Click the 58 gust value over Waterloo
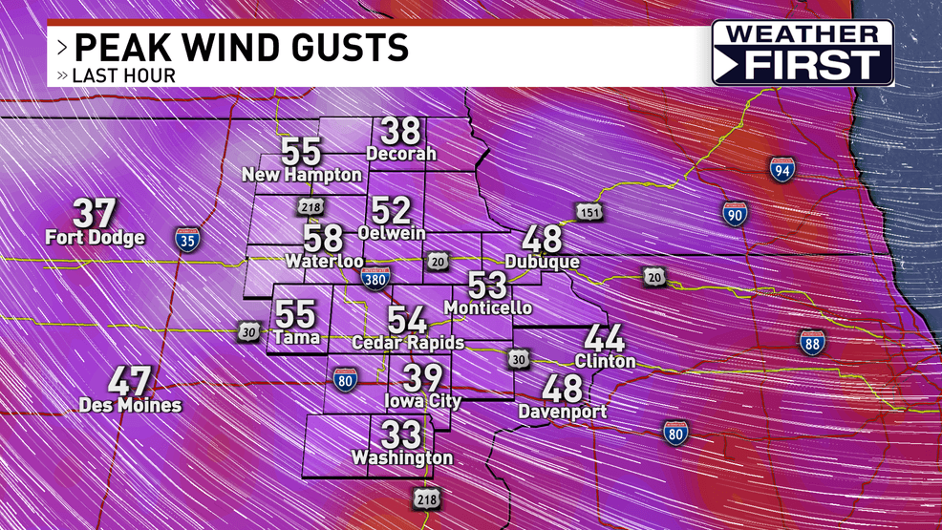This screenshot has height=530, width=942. click(x=324, y=239)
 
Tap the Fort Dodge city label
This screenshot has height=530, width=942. click(x=95, y=238)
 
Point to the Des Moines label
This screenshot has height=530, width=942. click(x=130, y=405)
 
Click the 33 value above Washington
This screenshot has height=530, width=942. click(x=401, y=435)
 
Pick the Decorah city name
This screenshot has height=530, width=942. click(x=401, y=154)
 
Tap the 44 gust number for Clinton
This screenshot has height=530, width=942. click(x=605, y=339)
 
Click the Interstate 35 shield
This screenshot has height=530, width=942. click(x=187, y=239)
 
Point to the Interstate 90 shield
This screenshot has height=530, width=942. click(x=735, y=213)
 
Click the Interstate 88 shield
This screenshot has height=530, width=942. click(x=812, y=343)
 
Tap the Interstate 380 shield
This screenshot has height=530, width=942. click(x=375, y=278)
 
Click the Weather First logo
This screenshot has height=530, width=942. click(x=803, y=53)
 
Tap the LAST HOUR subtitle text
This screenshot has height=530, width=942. click(x=124, y=75)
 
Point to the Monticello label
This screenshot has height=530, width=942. click(x=488, y=307)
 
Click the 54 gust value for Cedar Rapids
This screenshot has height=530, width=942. click(x=407, y=320)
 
